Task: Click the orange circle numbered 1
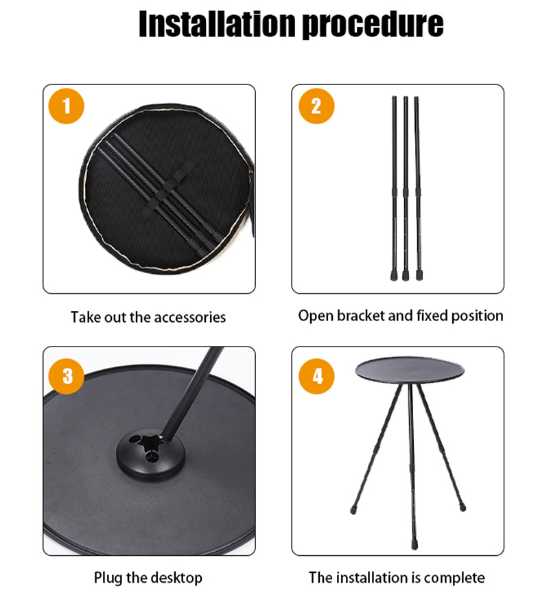click(67, 106)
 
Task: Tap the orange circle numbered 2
click(316, 106)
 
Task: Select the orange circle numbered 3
click(67, 375)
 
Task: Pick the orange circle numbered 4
click(316, 375)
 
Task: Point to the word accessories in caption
click(189, 317)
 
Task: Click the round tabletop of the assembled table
click(400, 371)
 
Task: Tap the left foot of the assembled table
click(355, 511)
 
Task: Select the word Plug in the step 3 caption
click(107, 578)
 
